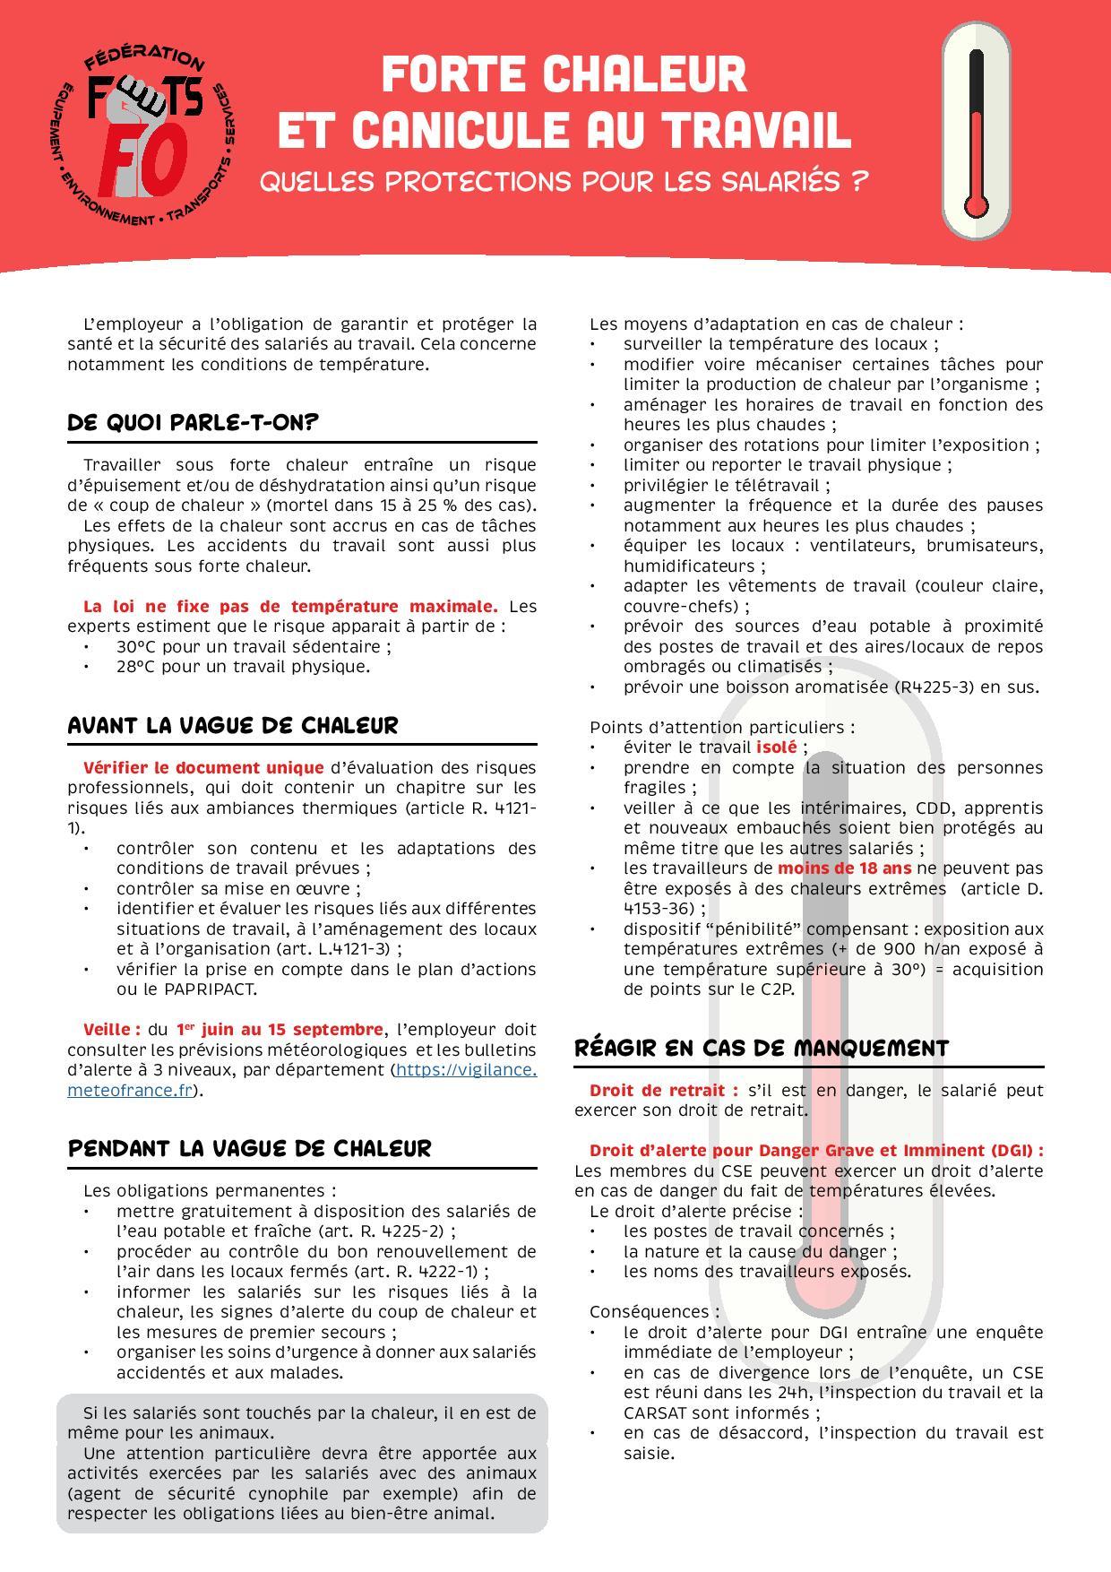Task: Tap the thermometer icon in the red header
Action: [x=976, y=133]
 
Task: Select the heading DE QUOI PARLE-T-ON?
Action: [x=194, y=422]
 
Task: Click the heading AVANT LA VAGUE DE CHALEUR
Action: [x=233, y=725]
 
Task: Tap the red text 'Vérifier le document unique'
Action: [x=203, y=768]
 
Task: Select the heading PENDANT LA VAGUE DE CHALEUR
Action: [x=249, y=1148]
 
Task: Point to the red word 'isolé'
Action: [x=776, y=747]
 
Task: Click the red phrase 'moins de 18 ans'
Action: [x=844, y=868]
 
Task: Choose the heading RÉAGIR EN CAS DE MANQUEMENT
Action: [x=761, y=1048]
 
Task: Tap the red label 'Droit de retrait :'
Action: [x=663, y=1091]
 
